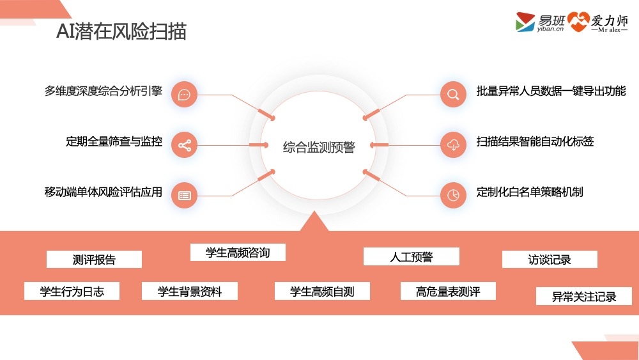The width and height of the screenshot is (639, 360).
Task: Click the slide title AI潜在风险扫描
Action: point(121,31)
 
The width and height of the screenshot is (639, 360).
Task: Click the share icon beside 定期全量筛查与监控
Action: point(185,145)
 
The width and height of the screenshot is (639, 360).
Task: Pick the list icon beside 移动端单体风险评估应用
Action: point(185,195)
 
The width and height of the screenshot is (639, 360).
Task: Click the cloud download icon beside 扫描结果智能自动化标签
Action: point(453,145)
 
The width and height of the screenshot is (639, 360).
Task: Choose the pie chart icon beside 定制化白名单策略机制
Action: point(453,195)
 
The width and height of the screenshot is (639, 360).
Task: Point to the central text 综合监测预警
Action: point(319,147)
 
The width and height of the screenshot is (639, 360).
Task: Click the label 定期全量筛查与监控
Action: point(114,141)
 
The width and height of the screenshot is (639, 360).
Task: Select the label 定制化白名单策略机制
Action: point(530,192)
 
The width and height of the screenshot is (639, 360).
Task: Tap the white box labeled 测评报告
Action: point(94,260)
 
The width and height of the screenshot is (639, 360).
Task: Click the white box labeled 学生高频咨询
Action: point(238,253)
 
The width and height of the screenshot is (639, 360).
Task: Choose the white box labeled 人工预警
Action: point(412,257)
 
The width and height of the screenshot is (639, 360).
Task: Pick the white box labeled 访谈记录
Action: point(550,260)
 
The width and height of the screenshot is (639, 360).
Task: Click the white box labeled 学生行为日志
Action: point(72,292)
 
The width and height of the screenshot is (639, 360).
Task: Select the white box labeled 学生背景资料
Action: point(190,292)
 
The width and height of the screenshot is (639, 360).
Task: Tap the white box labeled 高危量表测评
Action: point(448,292)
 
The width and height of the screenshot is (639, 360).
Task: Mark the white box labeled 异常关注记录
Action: point(584,297)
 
